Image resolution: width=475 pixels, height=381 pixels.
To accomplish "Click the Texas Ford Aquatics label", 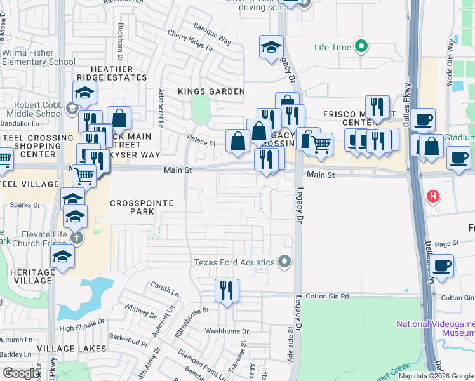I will point(234,262).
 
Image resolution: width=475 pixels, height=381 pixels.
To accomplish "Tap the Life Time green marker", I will point(361,46).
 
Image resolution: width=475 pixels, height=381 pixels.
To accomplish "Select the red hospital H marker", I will point(434,197).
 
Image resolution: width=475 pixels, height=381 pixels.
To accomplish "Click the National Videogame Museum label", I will point(435,328).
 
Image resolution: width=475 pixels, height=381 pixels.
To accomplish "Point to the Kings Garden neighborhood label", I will point(211,91).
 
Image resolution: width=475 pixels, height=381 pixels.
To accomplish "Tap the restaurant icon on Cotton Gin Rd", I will point(227,291).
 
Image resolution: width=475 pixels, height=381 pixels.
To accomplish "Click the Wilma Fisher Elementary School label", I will point(38,58).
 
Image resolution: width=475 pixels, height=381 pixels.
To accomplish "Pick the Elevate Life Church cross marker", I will point(76,238).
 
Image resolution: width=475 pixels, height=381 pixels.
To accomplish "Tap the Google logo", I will point(21,373).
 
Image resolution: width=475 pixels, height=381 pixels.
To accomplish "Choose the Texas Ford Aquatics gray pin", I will point(284,262).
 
